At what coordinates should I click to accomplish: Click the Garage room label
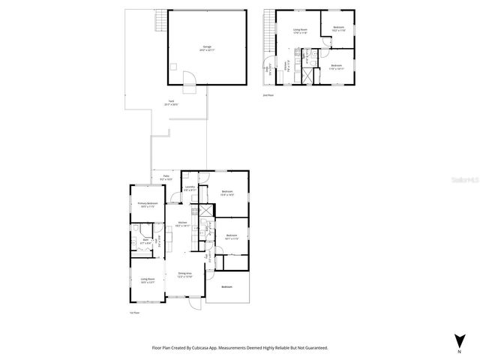click(206, 47)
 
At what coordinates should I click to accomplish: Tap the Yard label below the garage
click(171, 103)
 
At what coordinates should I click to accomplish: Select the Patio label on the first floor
click(166, 178)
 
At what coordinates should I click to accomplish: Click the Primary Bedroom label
click(147, 205)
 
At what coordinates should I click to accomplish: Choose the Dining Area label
click(184, 274)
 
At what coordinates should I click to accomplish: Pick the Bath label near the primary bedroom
click(145, 241)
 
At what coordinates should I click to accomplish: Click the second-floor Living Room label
click(300, 31)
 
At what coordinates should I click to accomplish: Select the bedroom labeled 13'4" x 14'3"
click(227, 193)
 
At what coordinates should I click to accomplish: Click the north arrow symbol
click(458, 339)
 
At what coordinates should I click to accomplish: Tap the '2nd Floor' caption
click(267, 95)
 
